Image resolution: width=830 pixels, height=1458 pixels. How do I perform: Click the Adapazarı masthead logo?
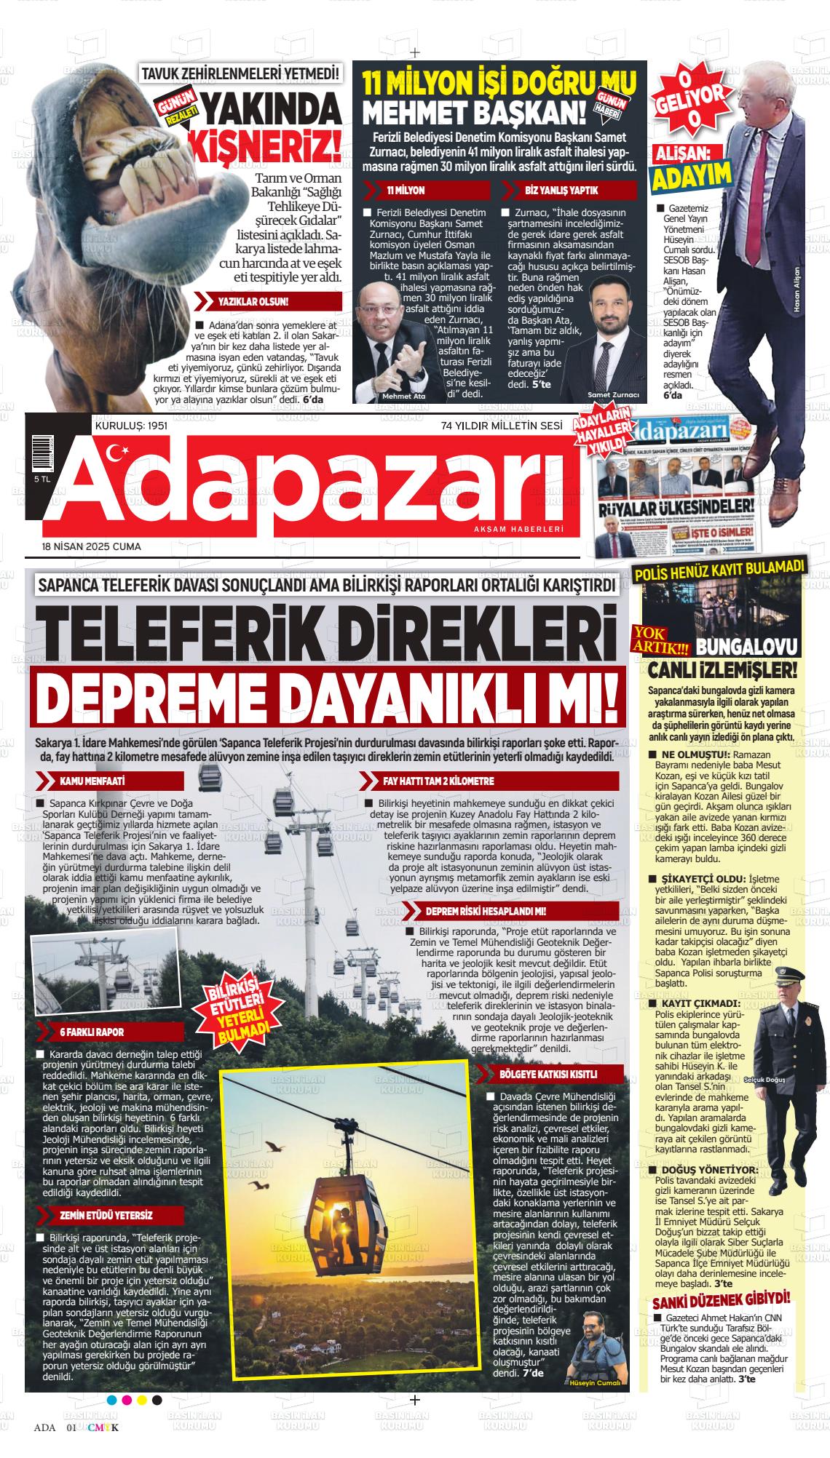pyautogui.click(x=306, y=485)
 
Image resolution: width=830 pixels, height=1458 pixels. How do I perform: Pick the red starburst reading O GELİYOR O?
pyautogui.click(x=689, y=94)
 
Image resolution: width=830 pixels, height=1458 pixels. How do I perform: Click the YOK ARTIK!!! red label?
pyautogui.click(x=660, y=638)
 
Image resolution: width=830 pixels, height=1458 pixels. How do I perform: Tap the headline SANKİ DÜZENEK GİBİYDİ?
pyautogui.click(x=721, y=1318)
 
